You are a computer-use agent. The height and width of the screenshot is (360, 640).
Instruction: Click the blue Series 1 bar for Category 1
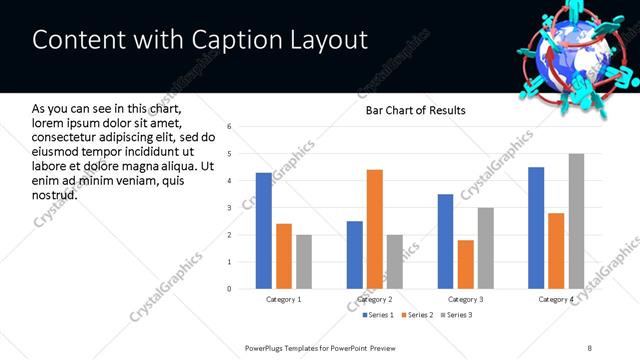263,231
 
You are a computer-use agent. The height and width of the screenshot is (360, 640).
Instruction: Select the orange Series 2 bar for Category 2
375,229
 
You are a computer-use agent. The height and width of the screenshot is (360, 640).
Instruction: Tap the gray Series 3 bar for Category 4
576,221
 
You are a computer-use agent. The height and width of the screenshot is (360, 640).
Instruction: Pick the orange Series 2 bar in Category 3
465,264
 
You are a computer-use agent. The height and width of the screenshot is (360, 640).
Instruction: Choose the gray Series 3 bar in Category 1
304,262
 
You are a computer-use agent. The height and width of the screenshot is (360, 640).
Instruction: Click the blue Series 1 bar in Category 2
355,255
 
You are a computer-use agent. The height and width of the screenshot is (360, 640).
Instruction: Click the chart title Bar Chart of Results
414,110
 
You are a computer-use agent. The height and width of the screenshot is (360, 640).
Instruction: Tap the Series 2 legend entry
415,316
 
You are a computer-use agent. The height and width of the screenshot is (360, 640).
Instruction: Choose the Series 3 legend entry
458,316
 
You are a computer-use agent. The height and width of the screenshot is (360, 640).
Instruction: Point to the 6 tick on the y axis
230,127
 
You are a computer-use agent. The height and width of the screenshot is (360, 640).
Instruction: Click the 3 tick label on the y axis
230,208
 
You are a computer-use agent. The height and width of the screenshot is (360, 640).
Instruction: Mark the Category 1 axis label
284,299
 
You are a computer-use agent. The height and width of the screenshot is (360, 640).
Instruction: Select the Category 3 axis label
465,299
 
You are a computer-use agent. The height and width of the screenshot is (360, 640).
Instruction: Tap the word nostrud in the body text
55,193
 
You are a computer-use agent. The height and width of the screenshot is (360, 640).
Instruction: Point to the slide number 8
590,347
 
